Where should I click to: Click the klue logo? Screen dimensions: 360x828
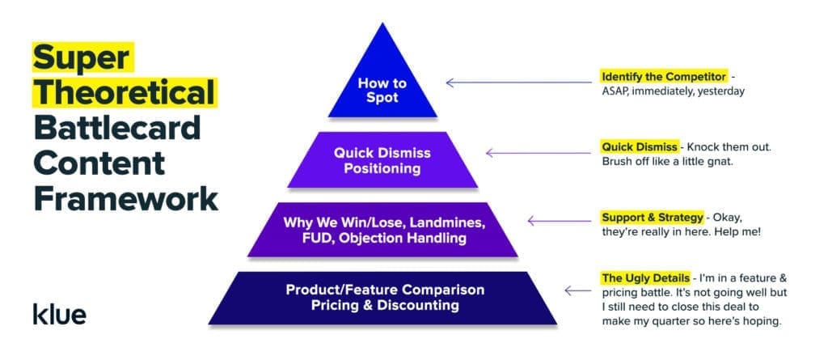click(x=59, y=313)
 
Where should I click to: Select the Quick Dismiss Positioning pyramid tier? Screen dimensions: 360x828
click(x=382, y=160)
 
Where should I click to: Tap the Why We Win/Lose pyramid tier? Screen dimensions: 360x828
click(x=382, y=230)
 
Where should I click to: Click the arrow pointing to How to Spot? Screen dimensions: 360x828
click(x=517, y=82)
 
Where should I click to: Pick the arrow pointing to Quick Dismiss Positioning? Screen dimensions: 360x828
click(x=539, y=152)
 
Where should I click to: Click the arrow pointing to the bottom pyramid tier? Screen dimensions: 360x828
click(x=577, y=290)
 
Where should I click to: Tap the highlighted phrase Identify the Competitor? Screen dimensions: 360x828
click(x=663, y=76)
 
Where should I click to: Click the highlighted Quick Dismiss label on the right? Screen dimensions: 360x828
click(x=640, y=146)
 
